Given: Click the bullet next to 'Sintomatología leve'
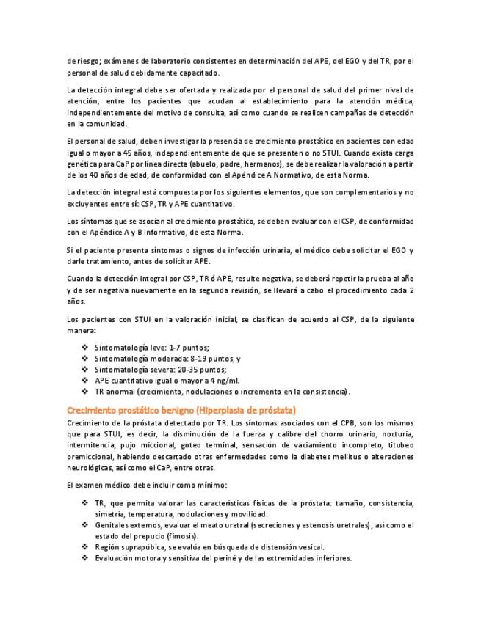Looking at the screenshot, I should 86,347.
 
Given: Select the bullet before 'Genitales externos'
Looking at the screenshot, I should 86,525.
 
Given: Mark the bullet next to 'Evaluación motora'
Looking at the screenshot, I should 86,558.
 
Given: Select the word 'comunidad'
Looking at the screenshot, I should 103,124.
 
